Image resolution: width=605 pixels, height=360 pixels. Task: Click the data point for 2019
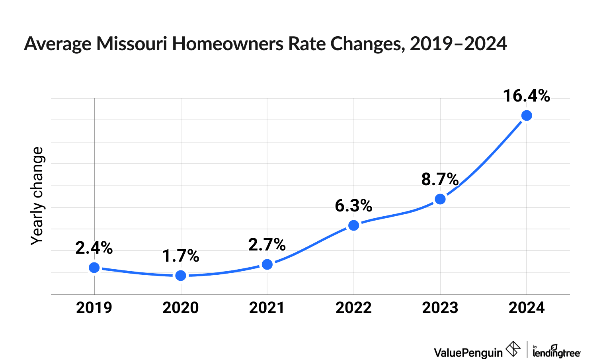[x=94, y=267]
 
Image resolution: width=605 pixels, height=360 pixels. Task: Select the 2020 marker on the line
[x=181, y=275]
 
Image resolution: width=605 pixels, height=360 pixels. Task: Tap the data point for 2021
[x=267, y=264]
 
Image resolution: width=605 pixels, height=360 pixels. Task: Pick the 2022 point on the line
[x=354, y=225]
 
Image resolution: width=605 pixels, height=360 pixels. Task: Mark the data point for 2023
[x=440, y=199]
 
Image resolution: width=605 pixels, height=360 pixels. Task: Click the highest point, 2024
[x=527, y=115]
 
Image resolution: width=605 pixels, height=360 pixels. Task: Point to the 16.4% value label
[x=526, y=96]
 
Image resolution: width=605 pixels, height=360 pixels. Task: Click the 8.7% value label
[x=440, y=180]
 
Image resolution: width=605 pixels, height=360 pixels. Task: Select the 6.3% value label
[x=353, y=206]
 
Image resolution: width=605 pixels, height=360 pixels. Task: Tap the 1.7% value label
[x=181, y=256]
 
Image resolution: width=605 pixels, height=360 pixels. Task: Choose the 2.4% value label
[x=94, y=248]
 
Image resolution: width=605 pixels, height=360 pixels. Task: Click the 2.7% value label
[x=267, y=245]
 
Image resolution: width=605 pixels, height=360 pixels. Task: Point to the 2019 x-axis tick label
[x=94, y=308]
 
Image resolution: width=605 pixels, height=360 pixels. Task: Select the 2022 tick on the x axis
[x=353, y=308]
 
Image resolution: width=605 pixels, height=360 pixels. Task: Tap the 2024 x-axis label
[x=527, y=308]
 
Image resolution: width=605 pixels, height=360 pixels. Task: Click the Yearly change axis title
[x=37, y=196]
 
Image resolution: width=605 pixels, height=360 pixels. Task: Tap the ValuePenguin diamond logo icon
[x=513, y=349]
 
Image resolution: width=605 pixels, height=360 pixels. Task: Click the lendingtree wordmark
[x=556, y=352]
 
